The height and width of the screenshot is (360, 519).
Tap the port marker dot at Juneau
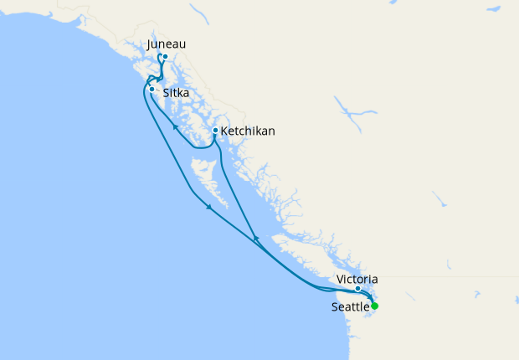point(166,57)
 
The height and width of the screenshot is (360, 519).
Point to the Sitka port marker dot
point(152,89)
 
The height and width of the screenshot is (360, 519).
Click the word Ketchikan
point(248,131)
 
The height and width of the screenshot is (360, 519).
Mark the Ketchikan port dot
point(215,131)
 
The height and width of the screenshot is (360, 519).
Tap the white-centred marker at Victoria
point(357,289)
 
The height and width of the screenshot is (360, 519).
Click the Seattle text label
point(350,306)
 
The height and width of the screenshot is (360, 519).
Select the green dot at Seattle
point(375,306)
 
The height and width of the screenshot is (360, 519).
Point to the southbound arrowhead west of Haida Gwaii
point(208,210)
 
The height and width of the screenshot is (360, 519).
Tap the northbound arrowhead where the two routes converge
point(256,240)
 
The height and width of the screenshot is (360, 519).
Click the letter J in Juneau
point(149,44)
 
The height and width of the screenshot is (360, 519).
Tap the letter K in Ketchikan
point(224,131)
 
